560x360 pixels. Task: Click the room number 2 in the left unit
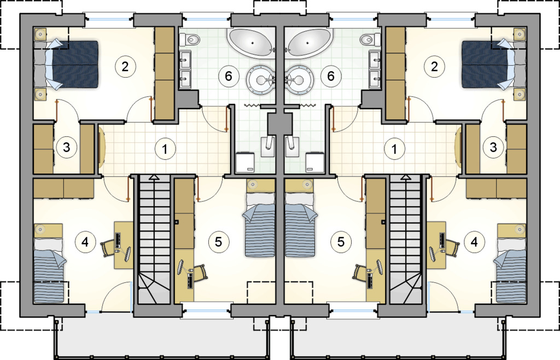pos(125,67)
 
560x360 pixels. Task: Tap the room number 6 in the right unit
pos(331,76)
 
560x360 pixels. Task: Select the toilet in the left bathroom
pos(189,39)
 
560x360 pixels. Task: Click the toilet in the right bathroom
pos(370,39)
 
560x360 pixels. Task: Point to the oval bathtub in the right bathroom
pos(310,42)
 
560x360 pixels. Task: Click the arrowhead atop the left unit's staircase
pos(154,177)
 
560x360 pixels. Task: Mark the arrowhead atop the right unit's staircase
pos(406,177)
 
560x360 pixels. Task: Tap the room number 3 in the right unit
pos(493,147)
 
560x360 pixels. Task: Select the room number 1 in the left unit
pos(165,149)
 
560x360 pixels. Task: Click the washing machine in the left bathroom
pos(246,161)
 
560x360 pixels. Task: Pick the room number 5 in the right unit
pos(341,242)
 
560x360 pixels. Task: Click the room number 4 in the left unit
pos(85,242)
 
